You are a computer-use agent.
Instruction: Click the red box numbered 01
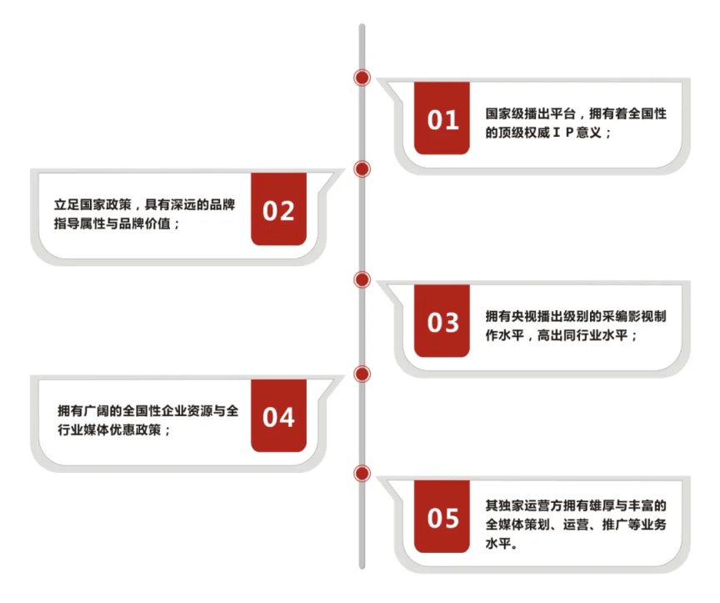pos(442,118)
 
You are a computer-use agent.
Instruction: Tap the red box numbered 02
pos(278,209)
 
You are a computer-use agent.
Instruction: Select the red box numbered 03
pos(442,321)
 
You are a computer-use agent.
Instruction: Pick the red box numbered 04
pos(278,415)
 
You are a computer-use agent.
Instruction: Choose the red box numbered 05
pos(442,516)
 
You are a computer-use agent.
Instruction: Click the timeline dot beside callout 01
pos(362,78)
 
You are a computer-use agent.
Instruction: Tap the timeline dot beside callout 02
pos(362,169)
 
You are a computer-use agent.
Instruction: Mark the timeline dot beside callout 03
pos(362,280)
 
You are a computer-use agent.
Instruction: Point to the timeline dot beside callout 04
pos(362,374)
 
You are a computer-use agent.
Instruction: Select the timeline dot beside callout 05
pos(362,474)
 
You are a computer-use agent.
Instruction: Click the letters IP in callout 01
pos(563,133)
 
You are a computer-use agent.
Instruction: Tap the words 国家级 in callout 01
pos(505,113)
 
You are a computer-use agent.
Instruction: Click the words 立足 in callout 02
pos(67,204)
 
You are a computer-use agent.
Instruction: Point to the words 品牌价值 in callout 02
pos(145,224)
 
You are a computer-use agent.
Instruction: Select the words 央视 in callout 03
pos(524,316)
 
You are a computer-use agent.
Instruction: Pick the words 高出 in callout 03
pos(550,335)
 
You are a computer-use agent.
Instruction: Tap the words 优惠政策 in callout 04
pos(136,430)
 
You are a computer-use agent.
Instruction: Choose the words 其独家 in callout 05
pos(505,505)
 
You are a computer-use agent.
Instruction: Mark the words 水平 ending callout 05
pos(498,544)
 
